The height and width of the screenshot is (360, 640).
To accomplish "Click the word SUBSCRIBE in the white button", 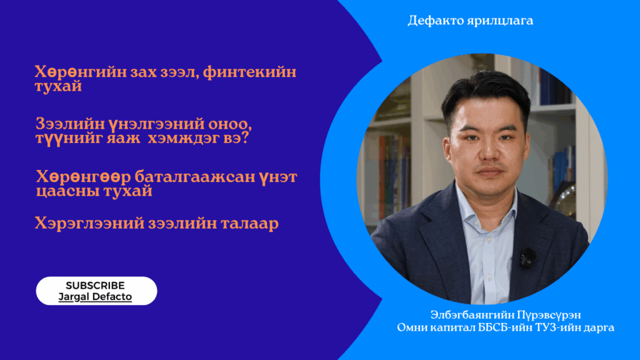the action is point(95,285).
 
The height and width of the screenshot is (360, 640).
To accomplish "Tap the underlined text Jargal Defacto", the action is point(95,297).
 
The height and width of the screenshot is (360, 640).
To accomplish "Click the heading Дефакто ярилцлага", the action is point(470,21).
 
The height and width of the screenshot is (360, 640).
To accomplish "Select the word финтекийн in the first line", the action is point(249,72).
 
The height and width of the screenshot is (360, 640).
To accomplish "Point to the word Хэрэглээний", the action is point(89,224).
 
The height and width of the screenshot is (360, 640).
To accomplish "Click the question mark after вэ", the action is point(245,137).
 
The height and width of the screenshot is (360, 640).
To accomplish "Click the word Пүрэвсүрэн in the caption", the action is point(549,315).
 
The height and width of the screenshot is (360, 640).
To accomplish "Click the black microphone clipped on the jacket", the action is point(527,257).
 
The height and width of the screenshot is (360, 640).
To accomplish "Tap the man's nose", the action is point(488,150).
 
